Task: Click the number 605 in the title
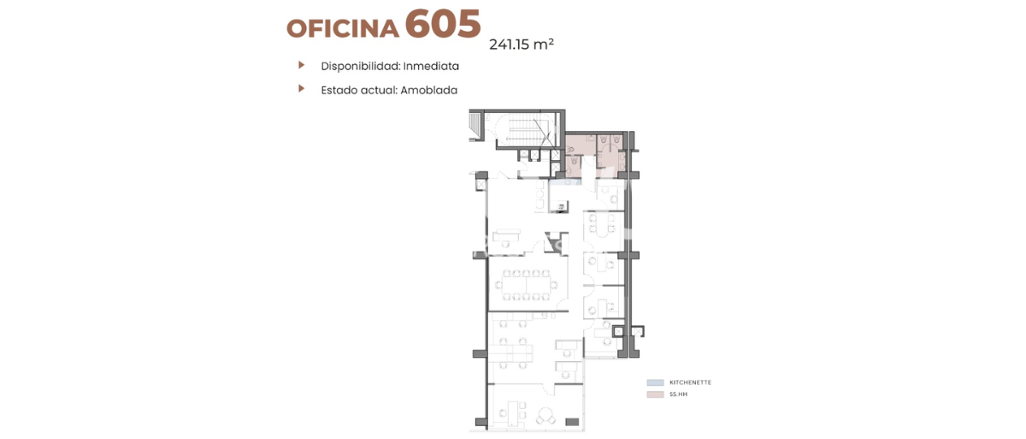click(x=443, y=24)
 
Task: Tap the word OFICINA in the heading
click(x=343, y=28)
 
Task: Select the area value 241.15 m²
click(x=522, y=44)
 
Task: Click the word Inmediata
click(x=431, y=66)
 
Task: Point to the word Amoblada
click(x=428, y=90)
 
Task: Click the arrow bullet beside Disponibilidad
click(x=301, y=65)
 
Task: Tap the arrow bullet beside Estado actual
click(x=301, y=88)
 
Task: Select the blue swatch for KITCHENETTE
click(x=655, y=383)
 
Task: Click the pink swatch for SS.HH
click(x=655, y=395)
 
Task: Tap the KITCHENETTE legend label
click(x=690, y=383)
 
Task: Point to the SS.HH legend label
click(x=678, y=395)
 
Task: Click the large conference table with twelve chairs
click(x=526, y=285)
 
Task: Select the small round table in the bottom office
click(x=545, y=416)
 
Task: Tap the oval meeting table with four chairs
click(x=602, y=224)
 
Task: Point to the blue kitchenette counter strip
click(x=566, y=182)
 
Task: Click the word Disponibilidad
click(x=361, y=66)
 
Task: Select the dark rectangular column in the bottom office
click(x=572, y=422)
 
